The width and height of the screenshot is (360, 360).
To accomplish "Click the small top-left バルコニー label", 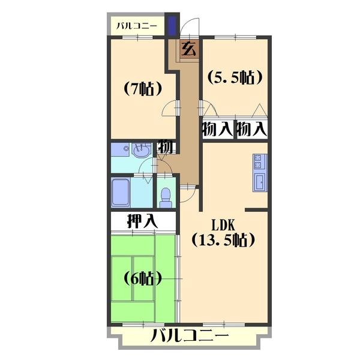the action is tap(137, 26).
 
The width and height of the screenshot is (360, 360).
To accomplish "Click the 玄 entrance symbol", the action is tap(189, 49).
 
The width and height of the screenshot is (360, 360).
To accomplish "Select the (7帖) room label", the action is tap(143, 88).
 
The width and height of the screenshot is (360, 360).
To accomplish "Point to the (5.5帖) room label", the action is tap(235, 77).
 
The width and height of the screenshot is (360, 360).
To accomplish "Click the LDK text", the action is tap(223, 225).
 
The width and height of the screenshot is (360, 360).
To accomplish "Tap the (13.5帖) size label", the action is tap(223, 240).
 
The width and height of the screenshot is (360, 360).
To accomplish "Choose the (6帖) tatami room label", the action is tap(143, 278).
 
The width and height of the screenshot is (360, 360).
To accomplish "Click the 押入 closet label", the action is tap(143, 221).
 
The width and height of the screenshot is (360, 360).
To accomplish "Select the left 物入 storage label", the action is tap(218, 129).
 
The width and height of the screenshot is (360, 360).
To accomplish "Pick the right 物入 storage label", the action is tap(252, 129).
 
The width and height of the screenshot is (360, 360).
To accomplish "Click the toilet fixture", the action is tap(166, 197).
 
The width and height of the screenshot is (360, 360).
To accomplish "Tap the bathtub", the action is tap(121, 192).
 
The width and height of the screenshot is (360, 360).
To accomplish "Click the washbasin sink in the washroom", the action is tap(141, 151).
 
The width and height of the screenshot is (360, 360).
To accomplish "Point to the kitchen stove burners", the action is tap(258, 161).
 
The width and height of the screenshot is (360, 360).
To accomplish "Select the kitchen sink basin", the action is tap(260, 182).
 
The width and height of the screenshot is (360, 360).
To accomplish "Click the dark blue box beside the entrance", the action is tap(172, 25).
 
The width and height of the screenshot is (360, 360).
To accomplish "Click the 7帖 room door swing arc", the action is tap(169, 109).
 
